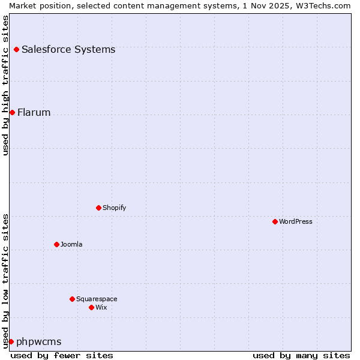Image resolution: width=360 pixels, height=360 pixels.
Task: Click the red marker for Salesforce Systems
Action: [16, 49]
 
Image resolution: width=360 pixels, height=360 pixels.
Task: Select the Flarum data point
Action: [12, 112]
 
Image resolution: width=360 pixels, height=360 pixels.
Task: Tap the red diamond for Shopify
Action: [98, 208]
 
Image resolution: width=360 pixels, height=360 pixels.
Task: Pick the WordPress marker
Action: [275, 221]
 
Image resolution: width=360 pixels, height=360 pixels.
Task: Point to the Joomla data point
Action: [56, 244]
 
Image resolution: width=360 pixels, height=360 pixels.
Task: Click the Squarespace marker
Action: [72, 299]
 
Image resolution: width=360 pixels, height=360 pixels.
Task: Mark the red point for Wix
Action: [91, 307]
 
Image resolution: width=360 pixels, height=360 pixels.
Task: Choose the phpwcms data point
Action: [11, 341]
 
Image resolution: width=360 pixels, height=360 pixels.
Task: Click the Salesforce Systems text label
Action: [68, 49]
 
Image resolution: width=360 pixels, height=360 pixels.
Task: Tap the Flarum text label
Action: [34, 112]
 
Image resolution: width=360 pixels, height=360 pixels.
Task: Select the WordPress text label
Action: [296, 221]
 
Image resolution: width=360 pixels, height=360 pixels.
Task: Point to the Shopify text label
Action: [115, 208]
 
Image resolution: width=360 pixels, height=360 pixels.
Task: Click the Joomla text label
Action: [71, 244]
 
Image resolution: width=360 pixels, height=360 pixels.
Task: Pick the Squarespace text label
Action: [97, 299]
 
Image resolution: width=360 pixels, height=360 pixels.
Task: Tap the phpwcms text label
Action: [39, 341]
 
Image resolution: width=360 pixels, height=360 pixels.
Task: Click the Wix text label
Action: [101, 307]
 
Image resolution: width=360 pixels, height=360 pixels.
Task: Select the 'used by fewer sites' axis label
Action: [62, 355]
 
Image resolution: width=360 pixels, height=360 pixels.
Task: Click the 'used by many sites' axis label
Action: [301, 355]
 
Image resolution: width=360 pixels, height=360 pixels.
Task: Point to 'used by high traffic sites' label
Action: [6, 85]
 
